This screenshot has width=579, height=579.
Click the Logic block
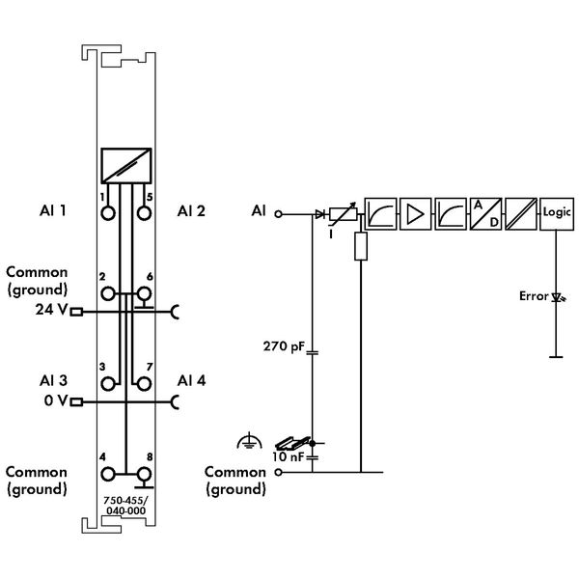point(557,214)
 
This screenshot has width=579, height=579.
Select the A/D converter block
point(485,214)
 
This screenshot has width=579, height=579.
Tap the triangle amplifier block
point(415,214)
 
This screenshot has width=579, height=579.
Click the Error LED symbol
point(558,297)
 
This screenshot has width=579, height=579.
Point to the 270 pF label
point(284,346)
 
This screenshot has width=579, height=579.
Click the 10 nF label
point(288,456)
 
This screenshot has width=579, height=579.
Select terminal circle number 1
point(108,213)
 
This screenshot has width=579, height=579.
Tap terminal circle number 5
point(144,213)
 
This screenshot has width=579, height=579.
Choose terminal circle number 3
point(108,384)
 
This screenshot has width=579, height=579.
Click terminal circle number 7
point(144,384)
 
